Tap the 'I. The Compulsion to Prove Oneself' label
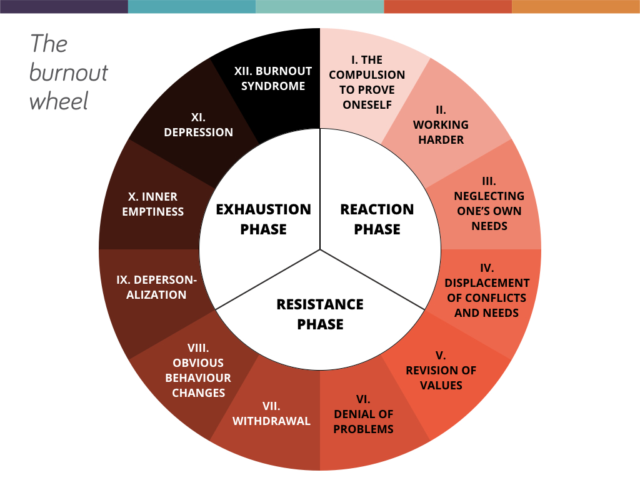tap(367, 82)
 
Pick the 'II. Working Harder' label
tap(441, 124)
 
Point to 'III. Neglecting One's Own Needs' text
tap(489, 203)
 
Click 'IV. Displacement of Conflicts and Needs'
tap(487, 290)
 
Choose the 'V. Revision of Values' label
tap(441, 370)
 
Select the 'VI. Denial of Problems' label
tap(363, 414)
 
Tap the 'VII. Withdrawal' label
tap(271, 413)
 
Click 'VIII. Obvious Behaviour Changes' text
tap(197, 370)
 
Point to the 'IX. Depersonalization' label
tap(156, 287)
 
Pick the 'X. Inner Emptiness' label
tap(152, 204)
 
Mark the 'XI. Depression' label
tap(198, 124)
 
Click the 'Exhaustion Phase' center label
tap(263, 219)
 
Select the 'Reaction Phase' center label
tap(377, 219)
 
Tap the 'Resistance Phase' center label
tap(320, 314)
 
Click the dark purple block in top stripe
tap(64, 6)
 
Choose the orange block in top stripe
tap(576, 6)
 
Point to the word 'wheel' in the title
tap(59, 101)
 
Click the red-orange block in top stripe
tap(447, 6)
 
